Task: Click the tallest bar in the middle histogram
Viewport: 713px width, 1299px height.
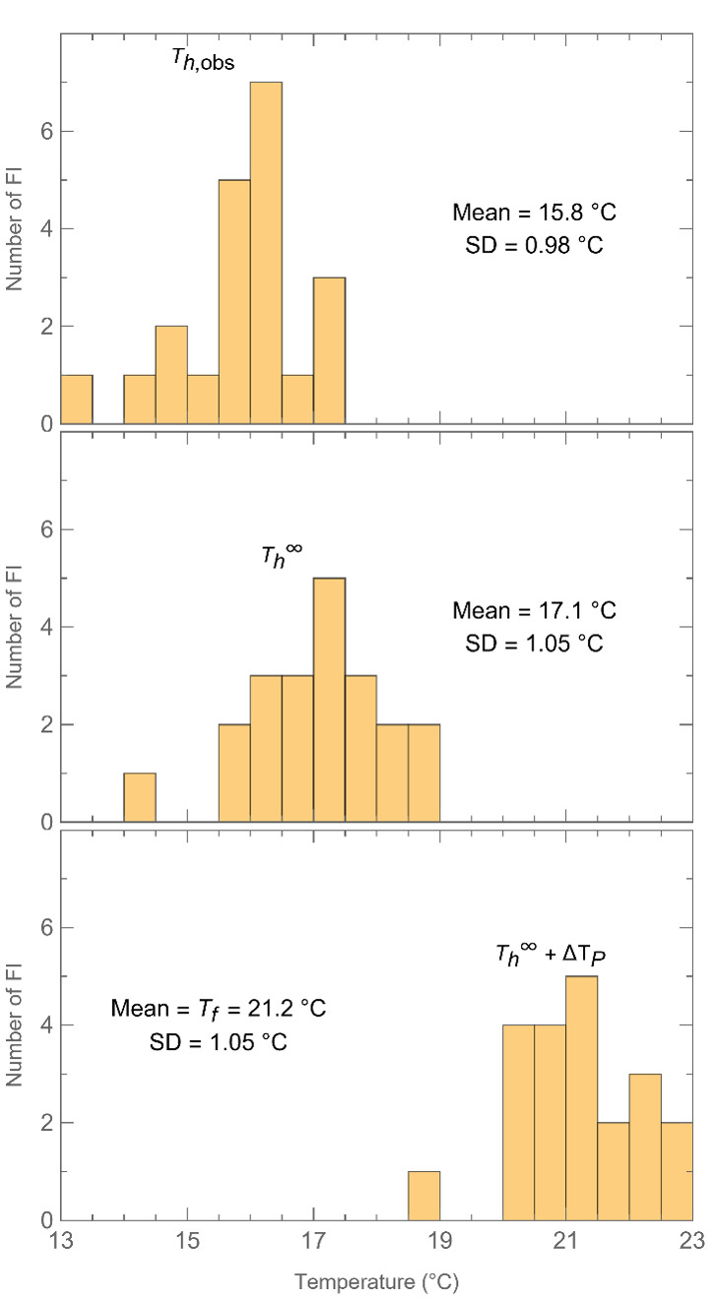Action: tap(329, 700)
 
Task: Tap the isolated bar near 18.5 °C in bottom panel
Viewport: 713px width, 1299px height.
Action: tap(423, 1195)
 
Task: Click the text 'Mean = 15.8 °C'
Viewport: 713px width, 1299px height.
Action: tap(534, 213)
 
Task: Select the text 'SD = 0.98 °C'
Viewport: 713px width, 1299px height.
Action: tap(534, 246)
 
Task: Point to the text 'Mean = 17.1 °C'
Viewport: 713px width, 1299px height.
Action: tap(534, 611)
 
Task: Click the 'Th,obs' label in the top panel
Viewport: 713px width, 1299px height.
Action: tap(207, 63)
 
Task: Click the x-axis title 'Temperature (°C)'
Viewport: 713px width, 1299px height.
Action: tap(376, 1282)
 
